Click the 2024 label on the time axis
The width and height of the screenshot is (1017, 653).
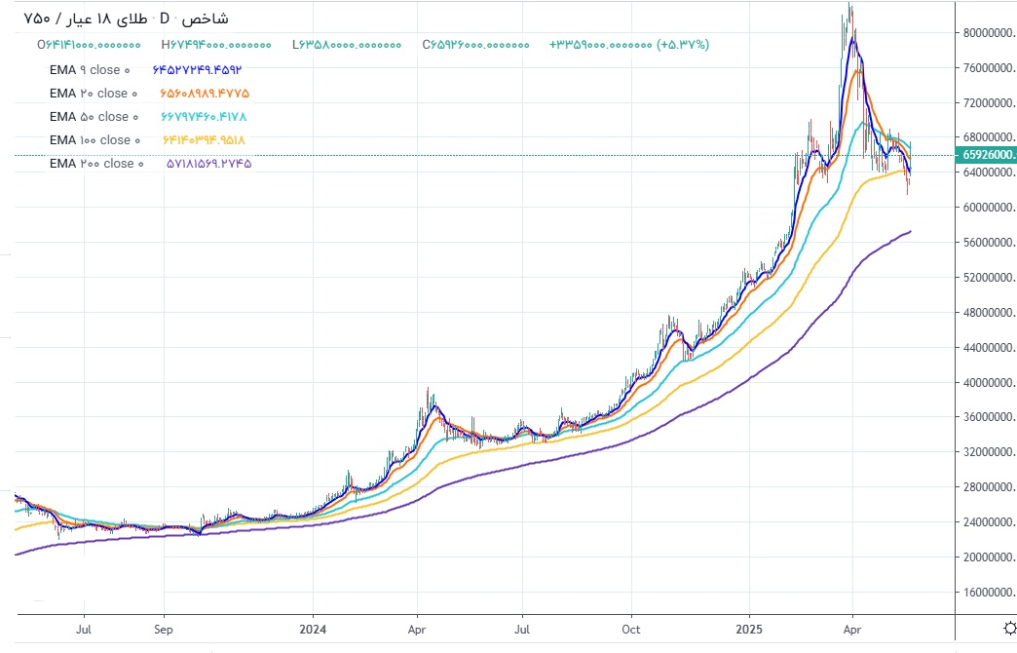pyautogui.click(x=314, y=629)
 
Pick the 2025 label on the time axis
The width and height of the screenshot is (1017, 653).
pyautogui.click(x=749, y=629)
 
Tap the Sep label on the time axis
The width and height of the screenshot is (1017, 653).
pyautogui.click(x=164, y=629)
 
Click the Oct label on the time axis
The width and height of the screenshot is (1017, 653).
pyautogui.click(x=631, y=629)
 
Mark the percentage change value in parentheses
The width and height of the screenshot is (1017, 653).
pyautogui.click(x=683, y=45)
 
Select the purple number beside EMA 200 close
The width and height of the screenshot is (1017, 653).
pyautogui.click(x=203, y=164)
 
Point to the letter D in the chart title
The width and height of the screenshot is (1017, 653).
pyautogui.click(x=165, y=19)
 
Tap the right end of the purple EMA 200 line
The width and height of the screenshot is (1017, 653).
pyautogui.click(x=911, y=231)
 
